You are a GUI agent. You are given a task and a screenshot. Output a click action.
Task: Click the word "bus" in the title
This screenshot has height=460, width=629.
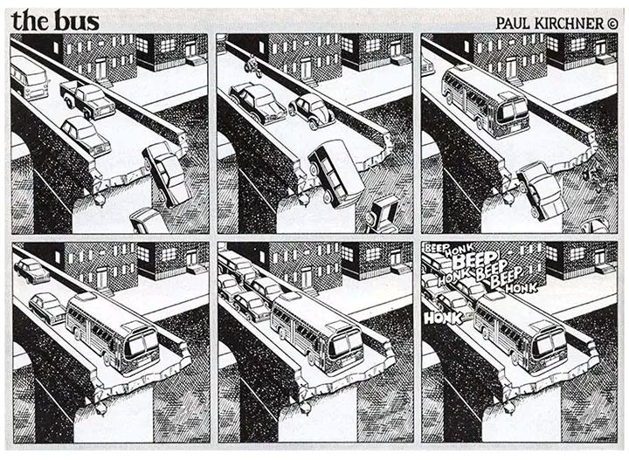pyautogui.click(x=76, y=21)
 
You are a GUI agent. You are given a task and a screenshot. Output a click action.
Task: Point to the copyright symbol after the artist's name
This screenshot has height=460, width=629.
pyautogui.click(x=612, y=24)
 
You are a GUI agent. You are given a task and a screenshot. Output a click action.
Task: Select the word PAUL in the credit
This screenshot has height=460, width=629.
pyautogui.click(x=513, y=24)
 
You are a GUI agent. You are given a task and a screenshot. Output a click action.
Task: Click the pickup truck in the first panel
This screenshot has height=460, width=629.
pyautogui.click(x=87, y=100)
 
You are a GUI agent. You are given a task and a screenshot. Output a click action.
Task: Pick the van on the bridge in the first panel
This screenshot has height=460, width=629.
pyautogui.click(x=29, y=78)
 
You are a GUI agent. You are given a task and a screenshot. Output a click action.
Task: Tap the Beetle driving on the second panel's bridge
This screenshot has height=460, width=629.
pyautogui.click(x=312, y=110)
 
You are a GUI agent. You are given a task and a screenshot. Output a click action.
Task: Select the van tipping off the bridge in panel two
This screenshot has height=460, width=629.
pyautogui.click(x=336, y=174)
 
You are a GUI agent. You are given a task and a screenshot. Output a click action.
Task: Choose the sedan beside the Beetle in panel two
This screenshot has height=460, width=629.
pyautogui.click(x=258, y=103)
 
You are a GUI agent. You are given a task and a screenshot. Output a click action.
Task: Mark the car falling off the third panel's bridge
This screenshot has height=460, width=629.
pyautogui.click(x=541, y=190)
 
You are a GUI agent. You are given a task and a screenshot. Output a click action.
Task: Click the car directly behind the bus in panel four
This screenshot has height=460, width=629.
pyautogui.click(x=47, y=308)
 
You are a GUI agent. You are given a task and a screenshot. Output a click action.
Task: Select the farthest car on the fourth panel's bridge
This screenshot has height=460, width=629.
pyautogui.click(x=31, y=271)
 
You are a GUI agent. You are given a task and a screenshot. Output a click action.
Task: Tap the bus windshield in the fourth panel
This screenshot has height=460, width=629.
pyautogui.click(x=142, y=345)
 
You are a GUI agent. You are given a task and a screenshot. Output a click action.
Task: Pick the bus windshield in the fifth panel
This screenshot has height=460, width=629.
pyautogui.click(x=346, y=345)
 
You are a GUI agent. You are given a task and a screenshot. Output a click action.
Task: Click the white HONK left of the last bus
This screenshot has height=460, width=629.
pyautogui.click(x=443, y=318)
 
